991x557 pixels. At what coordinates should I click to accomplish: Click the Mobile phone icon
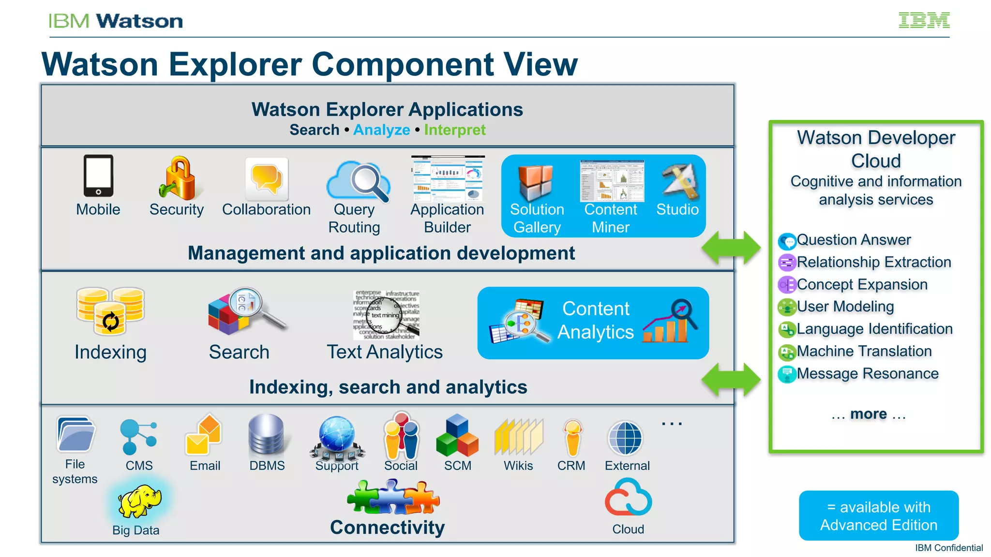pos(98,176)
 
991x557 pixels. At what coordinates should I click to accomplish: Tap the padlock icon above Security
pos(178,178)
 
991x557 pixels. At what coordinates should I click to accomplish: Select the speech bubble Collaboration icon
pos(267,179)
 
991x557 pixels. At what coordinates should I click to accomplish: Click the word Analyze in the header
pos(381,130)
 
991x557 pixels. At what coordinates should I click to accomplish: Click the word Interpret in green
pos(454,130)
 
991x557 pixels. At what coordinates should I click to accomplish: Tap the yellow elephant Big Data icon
pos(139,501)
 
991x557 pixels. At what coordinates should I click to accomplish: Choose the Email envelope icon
pos(203,435)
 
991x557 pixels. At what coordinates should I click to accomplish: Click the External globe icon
pos(626,438)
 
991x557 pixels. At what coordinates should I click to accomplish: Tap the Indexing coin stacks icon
pos(110,311)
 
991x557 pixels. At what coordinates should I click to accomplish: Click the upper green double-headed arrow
pos(731,248)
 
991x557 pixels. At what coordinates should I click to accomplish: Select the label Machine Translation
pos(864,351)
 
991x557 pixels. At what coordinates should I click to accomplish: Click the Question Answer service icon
pos(787,240)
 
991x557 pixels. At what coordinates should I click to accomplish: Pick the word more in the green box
pos(869,414)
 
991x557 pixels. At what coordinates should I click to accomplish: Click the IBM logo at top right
pos(924,20)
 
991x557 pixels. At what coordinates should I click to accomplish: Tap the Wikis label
pos(518,466)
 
